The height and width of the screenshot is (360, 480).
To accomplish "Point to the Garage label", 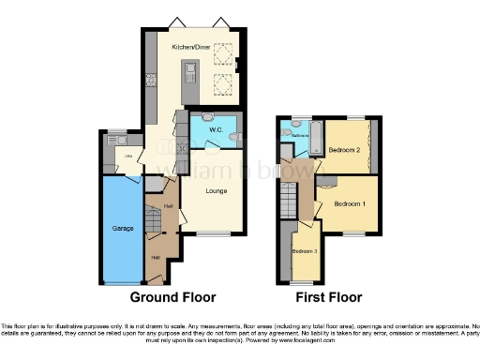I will point(124,228).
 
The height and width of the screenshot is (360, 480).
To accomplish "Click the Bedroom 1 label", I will point(351,204).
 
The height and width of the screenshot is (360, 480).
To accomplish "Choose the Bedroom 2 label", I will point(346,151).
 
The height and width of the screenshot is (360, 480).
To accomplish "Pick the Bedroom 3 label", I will point(304,251).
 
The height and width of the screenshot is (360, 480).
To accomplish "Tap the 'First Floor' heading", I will point(328,297).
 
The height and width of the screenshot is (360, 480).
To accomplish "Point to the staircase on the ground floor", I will point(154,219).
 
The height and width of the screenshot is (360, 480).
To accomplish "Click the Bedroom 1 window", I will point(353,233).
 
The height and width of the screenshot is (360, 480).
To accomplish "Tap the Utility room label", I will point(128,157).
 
